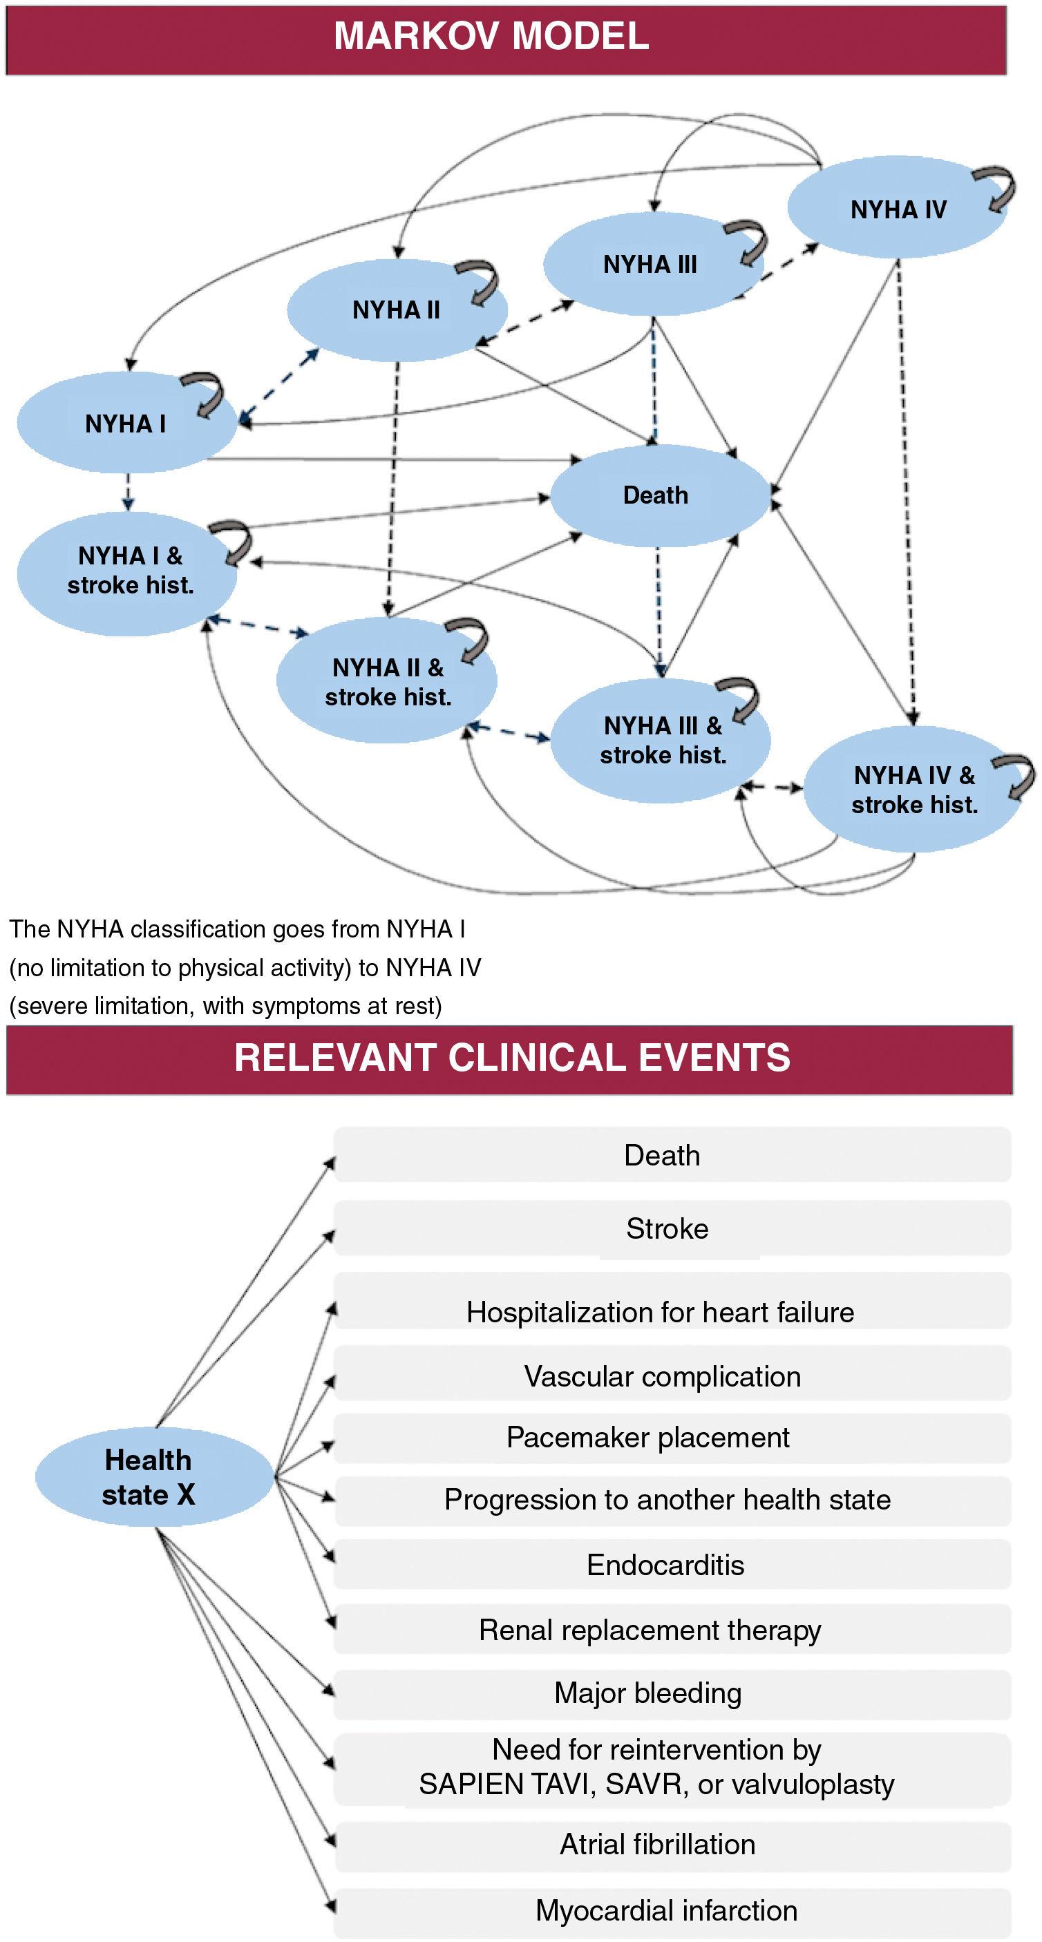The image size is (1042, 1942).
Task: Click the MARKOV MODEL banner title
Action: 491,36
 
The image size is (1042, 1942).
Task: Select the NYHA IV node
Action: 897,209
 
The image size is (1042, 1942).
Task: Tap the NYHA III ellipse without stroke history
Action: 650,265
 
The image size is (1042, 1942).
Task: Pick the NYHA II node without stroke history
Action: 396,310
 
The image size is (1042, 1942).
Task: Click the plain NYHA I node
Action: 125,423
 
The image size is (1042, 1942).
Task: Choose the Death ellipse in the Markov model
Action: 655,495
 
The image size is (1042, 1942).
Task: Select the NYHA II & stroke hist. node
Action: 388,681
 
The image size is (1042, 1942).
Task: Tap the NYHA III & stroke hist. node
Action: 662,739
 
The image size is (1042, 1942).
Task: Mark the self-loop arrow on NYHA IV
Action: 997,189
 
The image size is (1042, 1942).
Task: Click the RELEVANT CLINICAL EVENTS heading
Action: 512,1058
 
